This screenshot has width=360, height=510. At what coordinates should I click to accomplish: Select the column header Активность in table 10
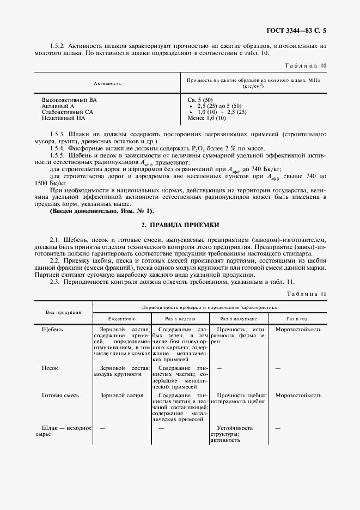pyautogui.click(x=107, y=83)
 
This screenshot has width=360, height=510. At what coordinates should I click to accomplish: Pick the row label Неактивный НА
pyautogui.click(x=63, y=118)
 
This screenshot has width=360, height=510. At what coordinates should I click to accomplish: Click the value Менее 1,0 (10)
pyautogui.click(x=206, y=118)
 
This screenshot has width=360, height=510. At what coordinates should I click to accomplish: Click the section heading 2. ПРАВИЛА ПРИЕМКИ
pyautogui.click(x=180, y=224)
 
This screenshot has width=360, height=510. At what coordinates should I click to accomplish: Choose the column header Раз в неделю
pyautogui.click(x=179, y=318)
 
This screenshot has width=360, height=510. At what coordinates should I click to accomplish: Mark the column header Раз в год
pyautogui.click(x=298, y=318)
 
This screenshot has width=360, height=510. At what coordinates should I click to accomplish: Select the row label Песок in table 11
pyautogui.click(x=50, y=368)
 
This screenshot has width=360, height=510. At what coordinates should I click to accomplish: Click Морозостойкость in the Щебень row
pyautogui.click(x=298, y=330)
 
